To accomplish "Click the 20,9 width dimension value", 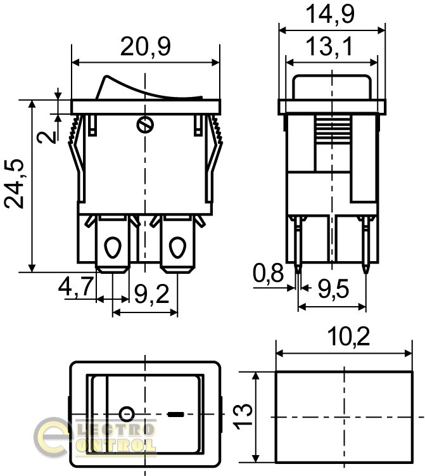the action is [x=145, y=47].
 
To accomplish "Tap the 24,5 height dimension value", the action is [x=15, y=183].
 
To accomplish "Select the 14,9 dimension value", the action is [x=330, y=14].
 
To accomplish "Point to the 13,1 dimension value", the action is [x=329, y=46].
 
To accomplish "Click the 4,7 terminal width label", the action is [x=76, y=286].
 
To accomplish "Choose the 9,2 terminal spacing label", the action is [x=151, y=294].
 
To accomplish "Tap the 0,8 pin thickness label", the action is [x=268, y=273].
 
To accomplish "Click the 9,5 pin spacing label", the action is [x=333, y=289].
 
